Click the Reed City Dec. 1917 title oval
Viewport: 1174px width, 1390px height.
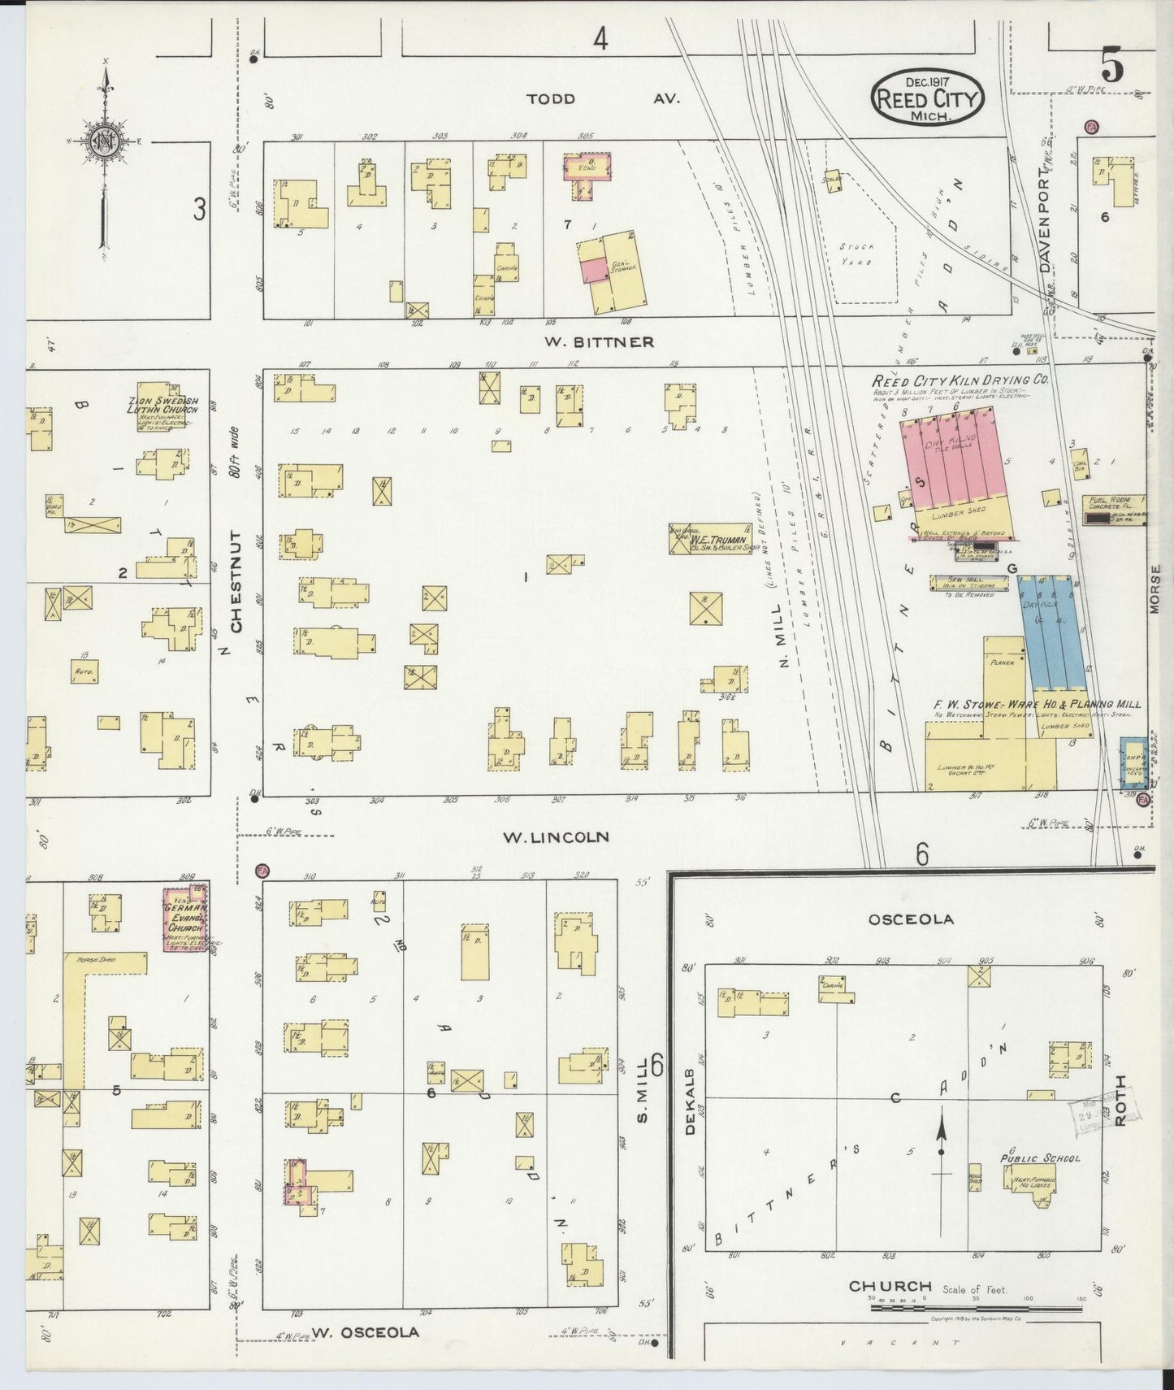point(928,96)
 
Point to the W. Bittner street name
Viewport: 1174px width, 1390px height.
point(600,341)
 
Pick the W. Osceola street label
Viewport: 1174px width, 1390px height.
point(365,1331)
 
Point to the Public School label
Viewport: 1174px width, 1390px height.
point(1040,1158)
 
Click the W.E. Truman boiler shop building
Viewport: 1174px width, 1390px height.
point(710,540)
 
